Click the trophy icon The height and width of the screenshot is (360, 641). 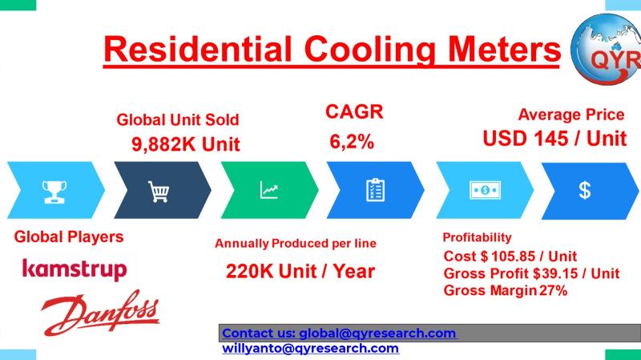[54, 192]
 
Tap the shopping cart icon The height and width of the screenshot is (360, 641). [159, 192]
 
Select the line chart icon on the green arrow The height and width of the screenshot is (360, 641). [269, 190]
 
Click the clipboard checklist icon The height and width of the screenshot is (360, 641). [375, 190]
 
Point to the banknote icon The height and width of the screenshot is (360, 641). [486, 190]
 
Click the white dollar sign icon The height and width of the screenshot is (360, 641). [585, 190]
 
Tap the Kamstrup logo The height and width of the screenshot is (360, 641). [75, 269]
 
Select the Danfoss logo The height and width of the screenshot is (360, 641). [100, 313]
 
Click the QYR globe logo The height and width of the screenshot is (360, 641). [607, 49]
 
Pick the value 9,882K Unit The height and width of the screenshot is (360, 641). [186, 144]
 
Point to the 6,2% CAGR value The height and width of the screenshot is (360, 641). [352, 142]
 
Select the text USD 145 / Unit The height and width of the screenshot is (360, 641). [554, 139]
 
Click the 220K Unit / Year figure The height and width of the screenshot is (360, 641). [300, 271]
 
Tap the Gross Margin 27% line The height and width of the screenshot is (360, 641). [506, 290]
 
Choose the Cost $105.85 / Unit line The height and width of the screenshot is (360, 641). [510, 256]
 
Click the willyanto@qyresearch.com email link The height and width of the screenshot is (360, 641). [311, 348]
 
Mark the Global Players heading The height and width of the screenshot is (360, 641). [69, 237]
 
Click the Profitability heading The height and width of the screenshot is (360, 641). [477, 237]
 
